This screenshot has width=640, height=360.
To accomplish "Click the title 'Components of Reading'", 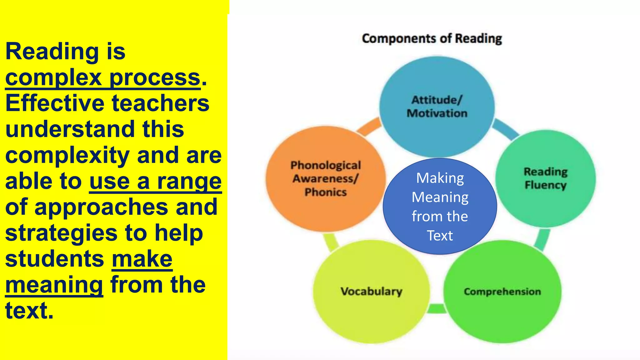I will point(432,39).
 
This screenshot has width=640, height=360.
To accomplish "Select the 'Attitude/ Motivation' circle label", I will point(437,107).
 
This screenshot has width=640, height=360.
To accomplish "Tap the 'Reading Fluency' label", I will point(546,178).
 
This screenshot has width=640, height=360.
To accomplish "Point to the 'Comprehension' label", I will point(502,292).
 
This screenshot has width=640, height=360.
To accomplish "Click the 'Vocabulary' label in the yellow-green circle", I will point(371,291).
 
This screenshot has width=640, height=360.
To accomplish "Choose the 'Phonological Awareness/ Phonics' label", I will point(326,178).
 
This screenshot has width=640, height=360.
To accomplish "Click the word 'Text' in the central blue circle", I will point(440,236).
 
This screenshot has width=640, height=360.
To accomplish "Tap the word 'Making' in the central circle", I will point(440,178).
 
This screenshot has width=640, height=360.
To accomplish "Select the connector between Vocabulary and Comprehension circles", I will point(437,308).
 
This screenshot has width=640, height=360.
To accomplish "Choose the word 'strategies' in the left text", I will point(61,233).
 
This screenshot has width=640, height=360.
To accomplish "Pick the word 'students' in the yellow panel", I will point(55,259).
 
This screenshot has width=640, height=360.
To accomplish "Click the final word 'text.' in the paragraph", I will point(29,311).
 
